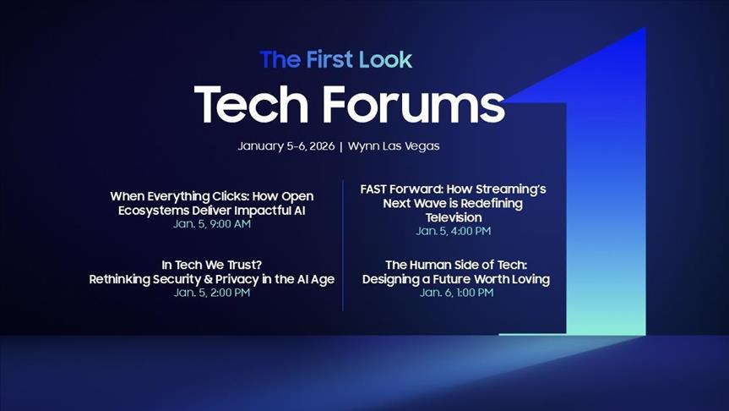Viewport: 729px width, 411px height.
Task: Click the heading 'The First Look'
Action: click(x=336, y=59)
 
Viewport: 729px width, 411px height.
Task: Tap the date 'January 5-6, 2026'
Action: click(x=285, y=145)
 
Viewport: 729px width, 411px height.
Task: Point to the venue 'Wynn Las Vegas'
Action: click(x=393, y=145)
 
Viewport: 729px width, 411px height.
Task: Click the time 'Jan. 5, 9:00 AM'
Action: click(x=212, y=224)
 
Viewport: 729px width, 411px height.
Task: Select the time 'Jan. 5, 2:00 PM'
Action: click(x=212, y=293)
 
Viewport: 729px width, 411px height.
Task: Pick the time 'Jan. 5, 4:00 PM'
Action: click(x=454, y=231)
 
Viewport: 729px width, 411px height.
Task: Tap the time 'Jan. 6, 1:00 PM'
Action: click(x=456, y=293)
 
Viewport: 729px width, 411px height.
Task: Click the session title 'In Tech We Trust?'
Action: click(x=212, y=265)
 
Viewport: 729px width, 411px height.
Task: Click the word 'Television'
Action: click(x=454, y=217)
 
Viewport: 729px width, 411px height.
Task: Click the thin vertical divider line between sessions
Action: click(x=343, y=245)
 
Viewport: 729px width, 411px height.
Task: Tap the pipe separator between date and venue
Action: click(x=340, y=145)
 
